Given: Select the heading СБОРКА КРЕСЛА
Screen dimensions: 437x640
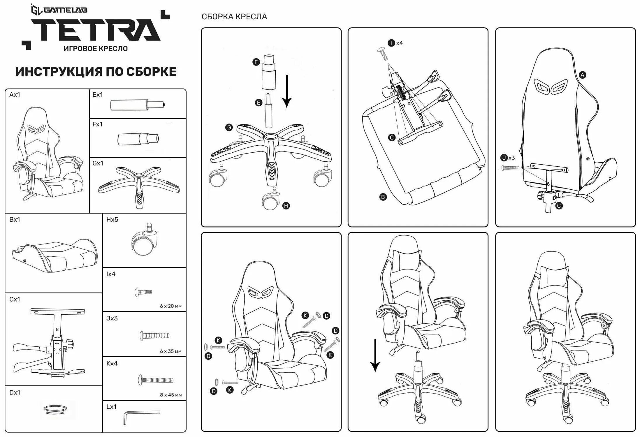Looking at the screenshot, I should (234, 17).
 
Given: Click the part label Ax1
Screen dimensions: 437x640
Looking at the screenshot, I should (15, 94).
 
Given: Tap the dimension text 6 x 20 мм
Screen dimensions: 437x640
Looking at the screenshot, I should (170, 306).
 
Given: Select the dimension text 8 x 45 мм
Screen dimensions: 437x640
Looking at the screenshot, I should (170, 395).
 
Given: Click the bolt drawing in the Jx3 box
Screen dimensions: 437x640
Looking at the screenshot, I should (154, 336).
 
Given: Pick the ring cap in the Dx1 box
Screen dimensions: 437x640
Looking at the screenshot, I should (55, 409).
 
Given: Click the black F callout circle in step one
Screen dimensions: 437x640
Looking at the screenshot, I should (256, 62).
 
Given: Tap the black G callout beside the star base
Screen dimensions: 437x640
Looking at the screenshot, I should (229, 127).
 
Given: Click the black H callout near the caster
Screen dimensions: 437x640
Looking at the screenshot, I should (286, 206).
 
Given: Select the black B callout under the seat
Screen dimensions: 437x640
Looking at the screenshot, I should (383, 197).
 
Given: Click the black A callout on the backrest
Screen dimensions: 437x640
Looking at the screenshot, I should (582, 75).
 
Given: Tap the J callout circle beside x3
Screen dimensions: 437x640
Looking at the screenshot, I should (504, 158).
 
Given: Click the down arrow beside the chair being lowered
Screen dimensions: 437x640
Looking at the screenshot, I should (375, 355).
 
